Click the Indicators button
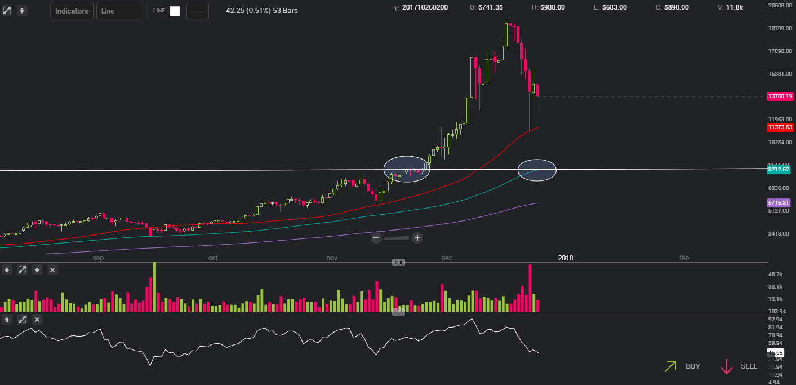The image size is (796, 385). tap(72, 11)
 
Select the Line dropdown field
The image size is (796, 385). tap(118, 11)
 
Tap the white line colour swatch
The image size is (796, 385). tap(175, 11)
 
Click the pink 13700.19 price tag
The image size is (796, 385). tap(780, 96)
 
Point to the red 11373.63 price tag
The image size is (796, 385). tap(780, 127)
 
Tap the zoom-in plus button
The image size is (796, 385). tap(417, 238)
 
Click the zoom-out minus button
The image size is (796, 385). tap(376, 238)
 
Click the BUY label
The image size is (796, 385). tap(692, 366)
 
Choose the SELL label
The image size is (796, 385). tap(749, 366)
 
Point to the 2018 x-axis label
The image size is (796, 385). tap(566, 258)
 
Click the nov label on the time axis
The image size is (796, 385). tap(332, 258)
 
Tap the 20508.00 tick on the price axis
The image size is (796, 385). tap(780, 5)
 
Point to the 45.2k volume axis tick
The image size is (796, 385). tap(775, 275)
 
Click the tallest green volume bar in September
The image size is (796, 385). tap(154, 287)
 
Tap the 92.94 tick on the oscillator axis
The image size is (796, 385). tap(776, 320)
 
